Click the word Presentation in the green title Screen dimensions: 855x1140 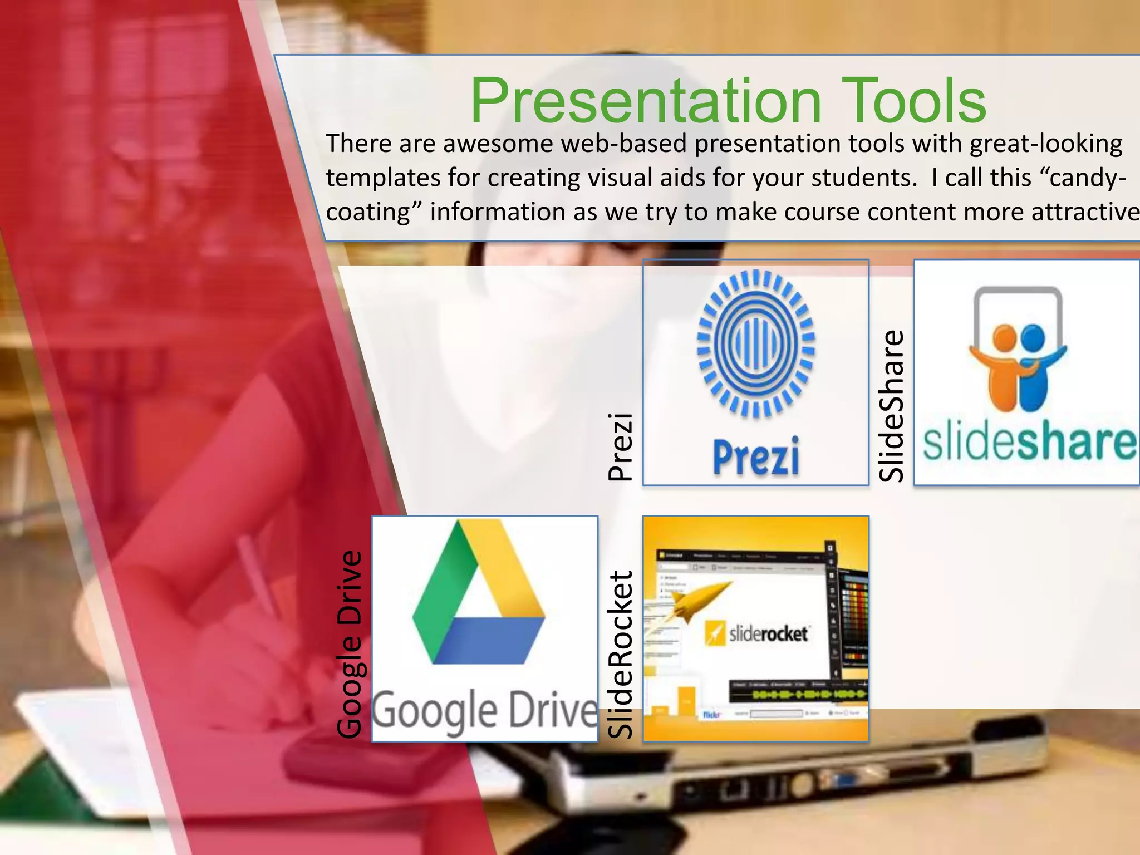pyautogui.click(x=646, y=101)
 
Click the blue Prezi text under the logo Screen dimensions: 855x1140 pyautogui.click(x=756, y=456)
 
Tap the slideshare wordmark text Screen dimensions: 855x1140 pyautogui.click(x=1029, y=443)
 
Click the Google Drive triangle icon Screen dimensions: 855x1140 pyautogui.click(x=479, y=596)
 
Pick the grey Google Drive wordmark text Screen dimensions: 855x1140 pyautogui.click(x=484, y=711)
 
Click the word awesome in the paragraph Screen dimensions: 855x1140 pyautogui.click(x=498, y=144)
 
